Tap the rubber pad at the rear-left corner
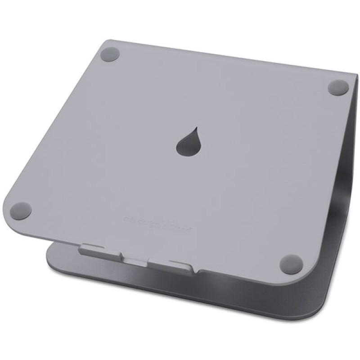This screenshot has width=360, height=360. (110, 55)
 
